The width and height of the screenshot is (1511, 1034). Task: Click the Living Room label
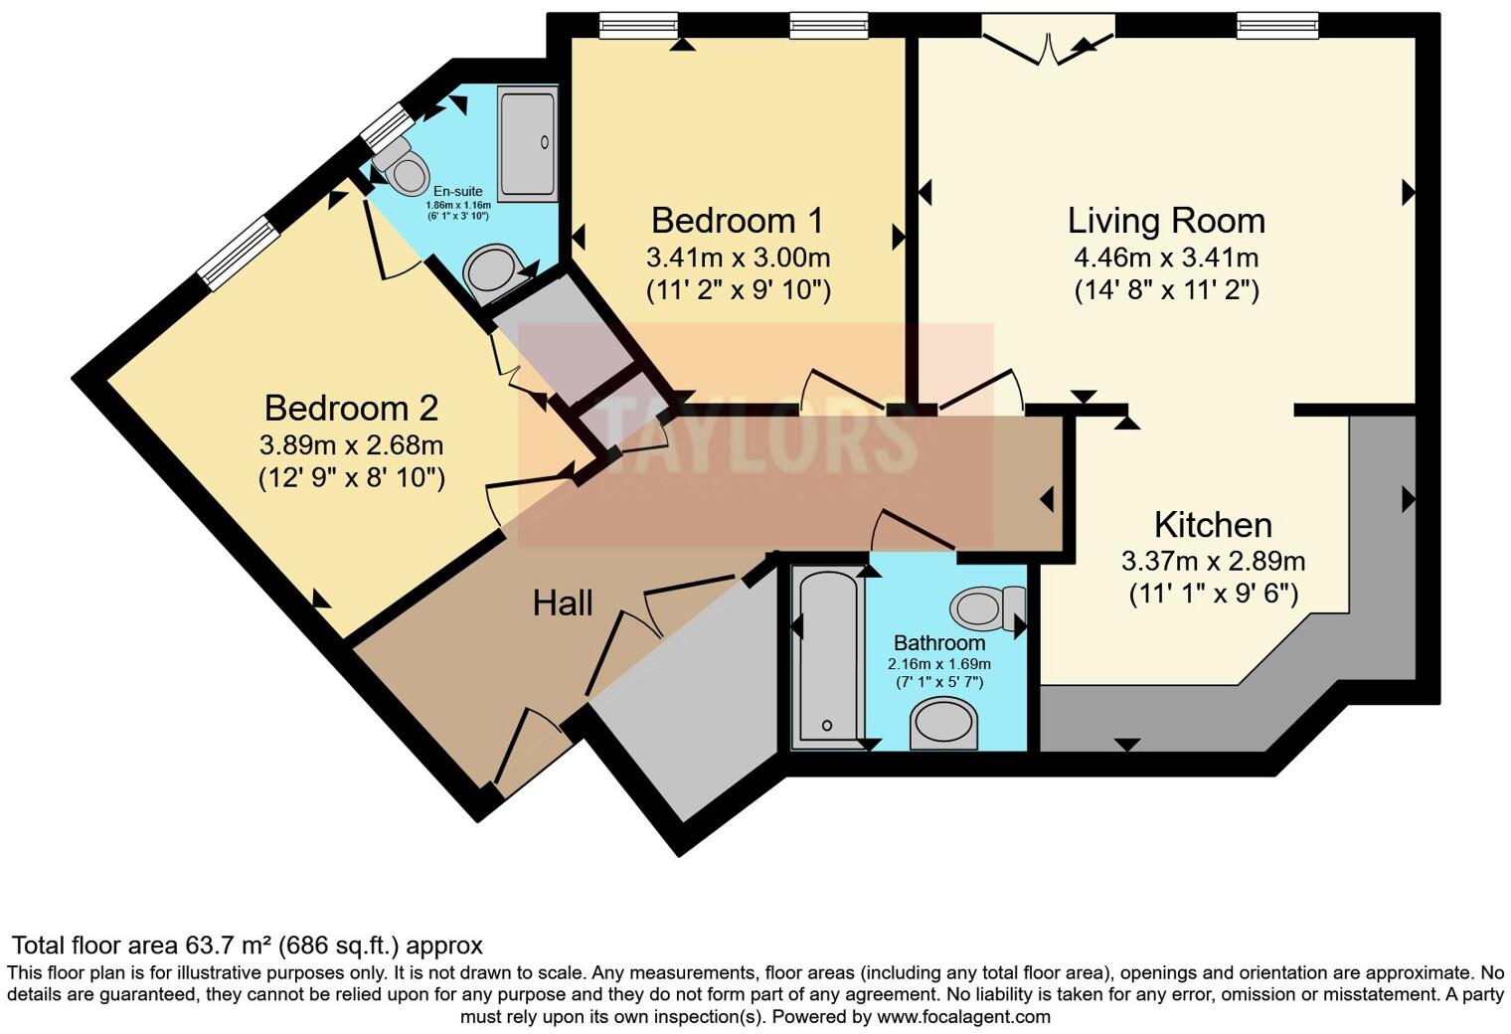click(1166, 220)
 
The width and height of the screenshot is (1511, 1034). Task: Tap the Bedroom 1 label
click(738, 220)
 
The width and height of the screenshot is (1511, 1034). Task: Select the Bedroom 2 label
click(351, 408)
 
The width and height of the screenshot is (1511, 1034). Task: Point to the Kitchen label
click(1213, 524)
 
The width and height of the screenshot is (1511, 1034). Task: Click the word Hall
click(563, 603)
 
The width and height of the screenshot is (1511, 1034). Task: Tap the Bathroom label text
click(939, 642)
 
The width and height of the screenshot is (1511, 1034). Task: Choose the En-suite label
click(457, 191)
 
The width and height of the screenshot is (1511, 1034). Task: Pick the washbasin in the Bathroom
click(944, 724)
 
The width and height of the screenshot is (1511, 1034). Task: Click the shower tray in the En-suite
click(527, 144)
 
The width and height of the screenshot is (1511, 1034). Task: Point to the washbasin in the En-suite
click(491, 271)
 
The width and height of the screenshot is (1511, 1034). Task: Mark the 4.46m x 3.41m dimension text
click(1166, 258)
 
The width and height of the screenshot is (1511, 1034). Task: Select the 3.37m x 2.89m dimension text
click(1213, 561)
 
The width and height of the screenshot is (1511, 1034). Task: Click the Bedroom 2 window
click(237, 253)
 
